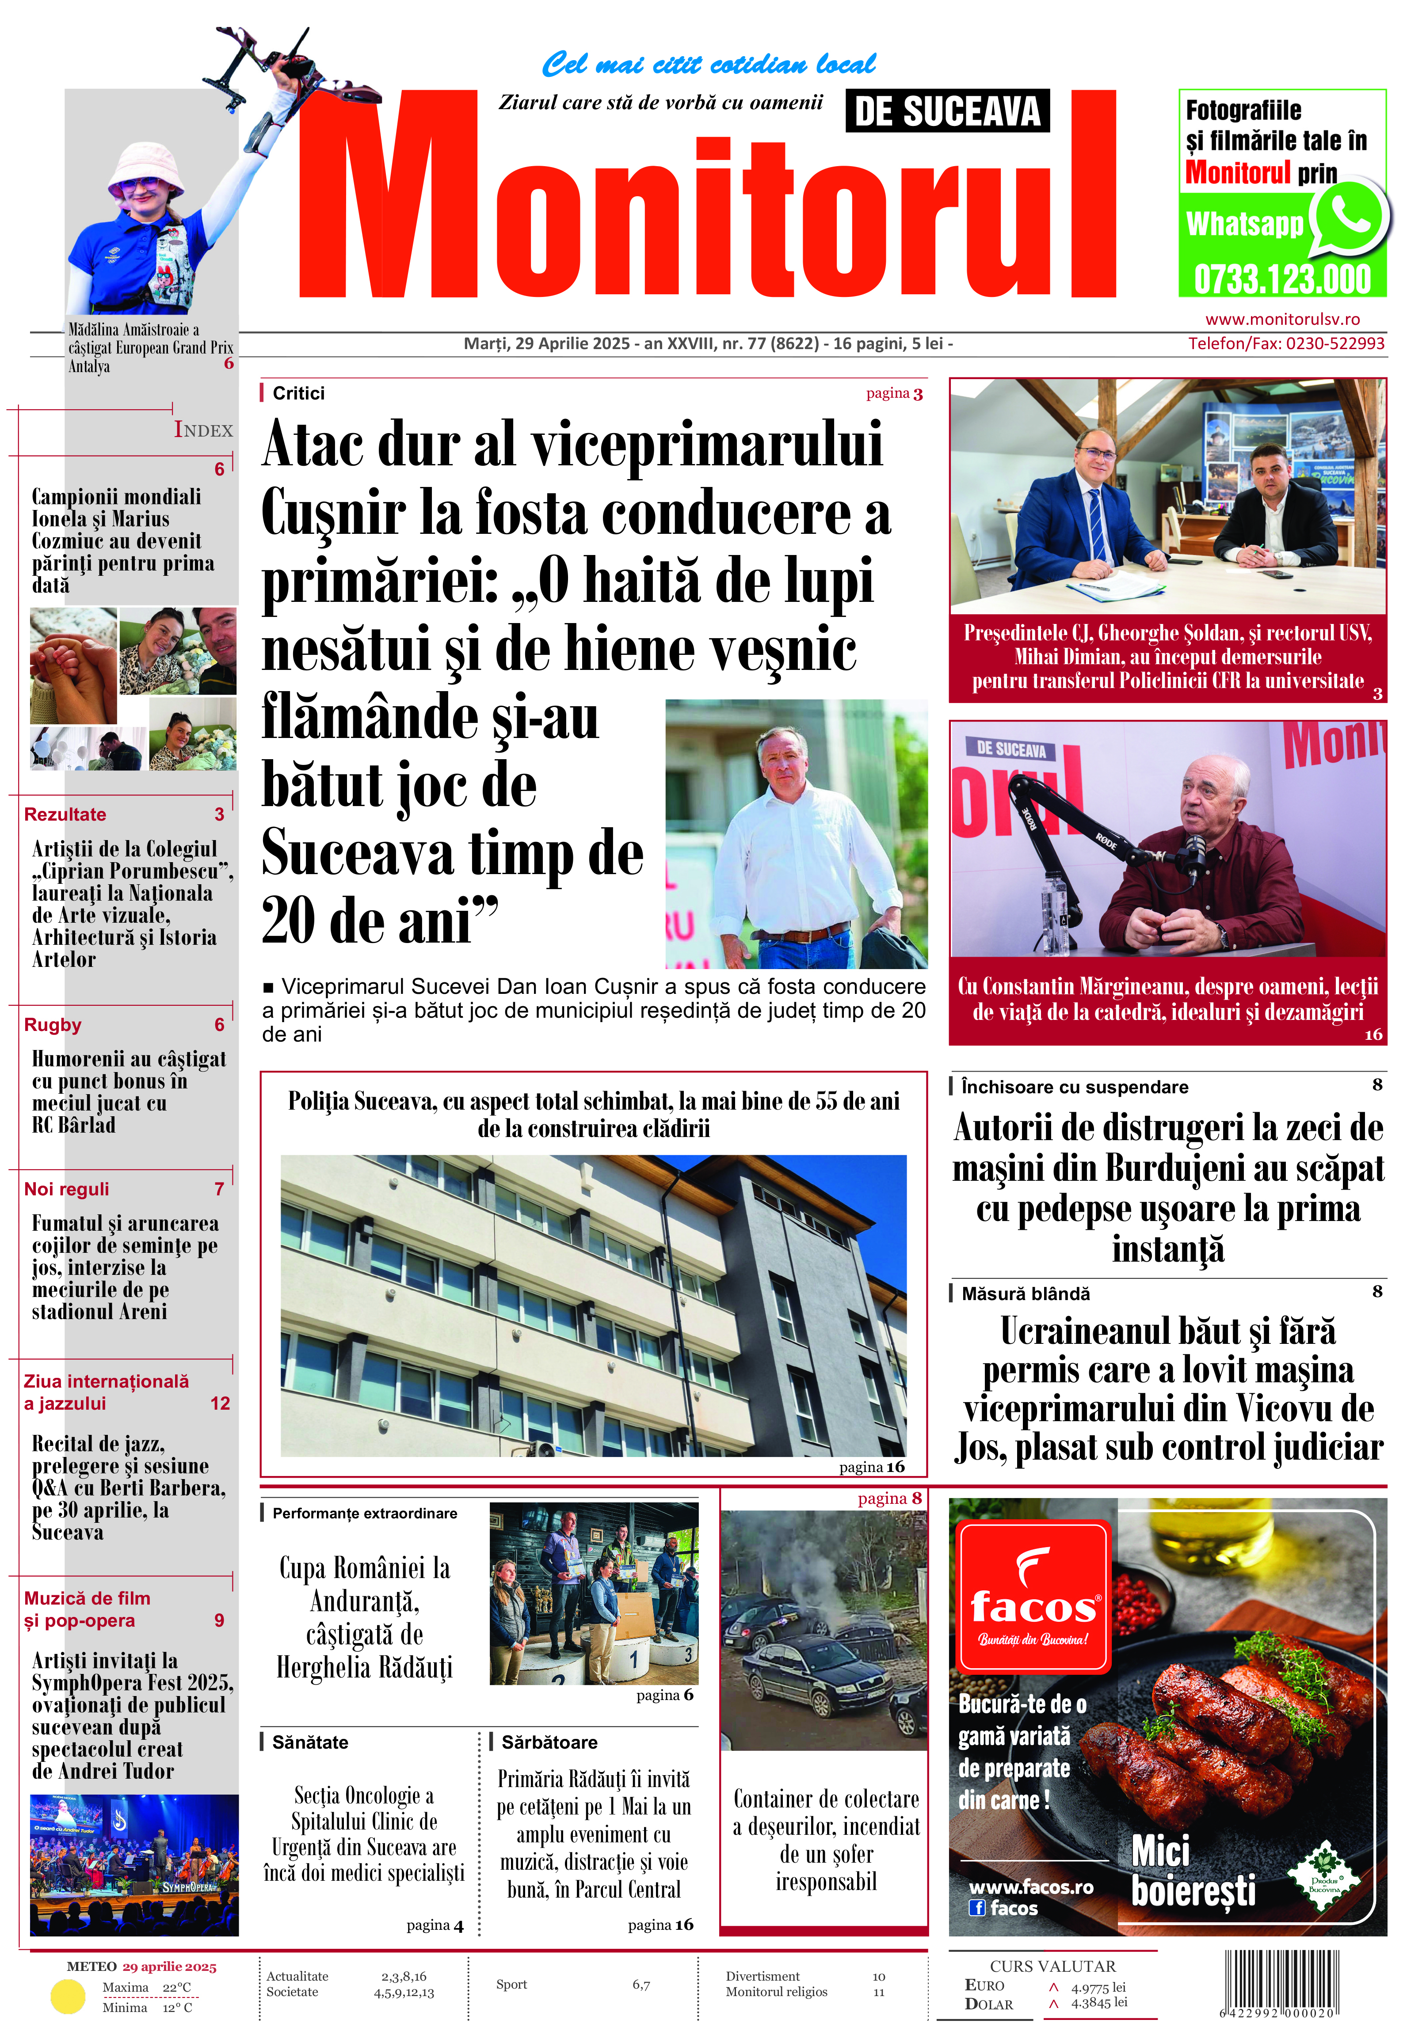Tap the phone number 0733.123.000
[1282, 280]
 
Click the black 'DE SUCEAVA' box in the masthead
[947, 111]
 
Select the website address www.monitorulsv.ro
[1282, 319]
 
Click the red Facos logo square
[1033, 1595]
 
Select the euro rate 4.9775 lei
[1098, 1988]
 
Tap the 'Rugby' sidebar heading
[53, 1025]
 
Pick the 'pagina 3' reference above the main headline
[893, 394]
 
